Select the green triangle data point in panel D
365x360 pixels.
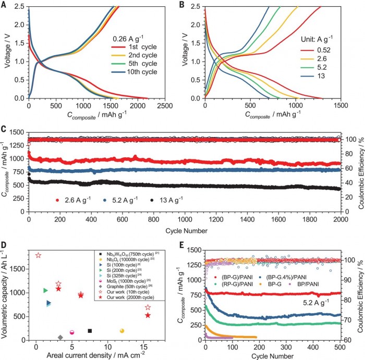tap(46, 290)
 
